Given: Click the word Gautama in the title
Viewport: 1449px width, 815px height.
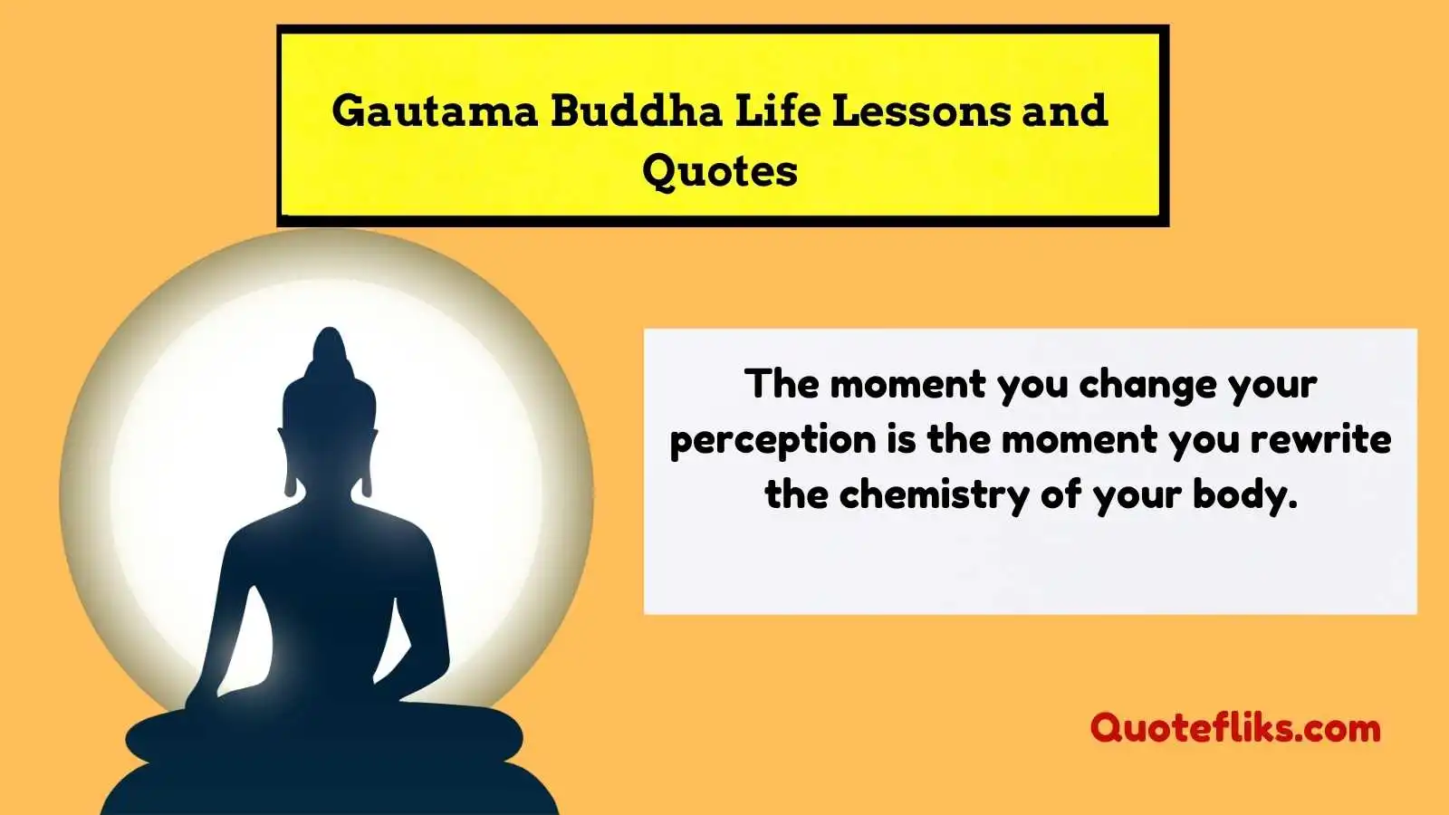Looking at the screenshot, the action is click(435, 110).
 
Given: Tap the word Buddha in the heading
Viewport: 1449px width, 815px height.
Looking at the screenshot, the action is click(637, 110).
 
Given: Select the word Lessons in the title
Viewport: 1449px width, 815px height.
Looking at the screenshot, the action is click(920, 110).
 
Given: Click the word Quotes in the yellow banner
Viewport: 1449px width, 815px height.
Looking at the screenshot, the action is click(719, 172).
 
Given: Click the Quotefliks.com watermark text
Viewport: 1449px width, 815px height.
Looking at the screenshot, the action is click(1235, 728).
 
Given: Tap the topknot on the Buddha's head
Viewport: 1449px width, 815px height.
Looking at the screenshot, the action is click(330, 352).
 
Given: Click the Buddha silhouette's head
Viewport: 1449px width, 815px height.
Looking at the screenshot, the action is click(330, 427).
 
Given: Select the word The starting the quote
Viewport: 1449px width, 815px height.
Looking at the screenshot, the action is click(781, 384).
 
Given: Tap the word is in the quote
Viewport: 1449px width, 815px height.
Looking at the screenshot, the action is click(902, 440).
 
